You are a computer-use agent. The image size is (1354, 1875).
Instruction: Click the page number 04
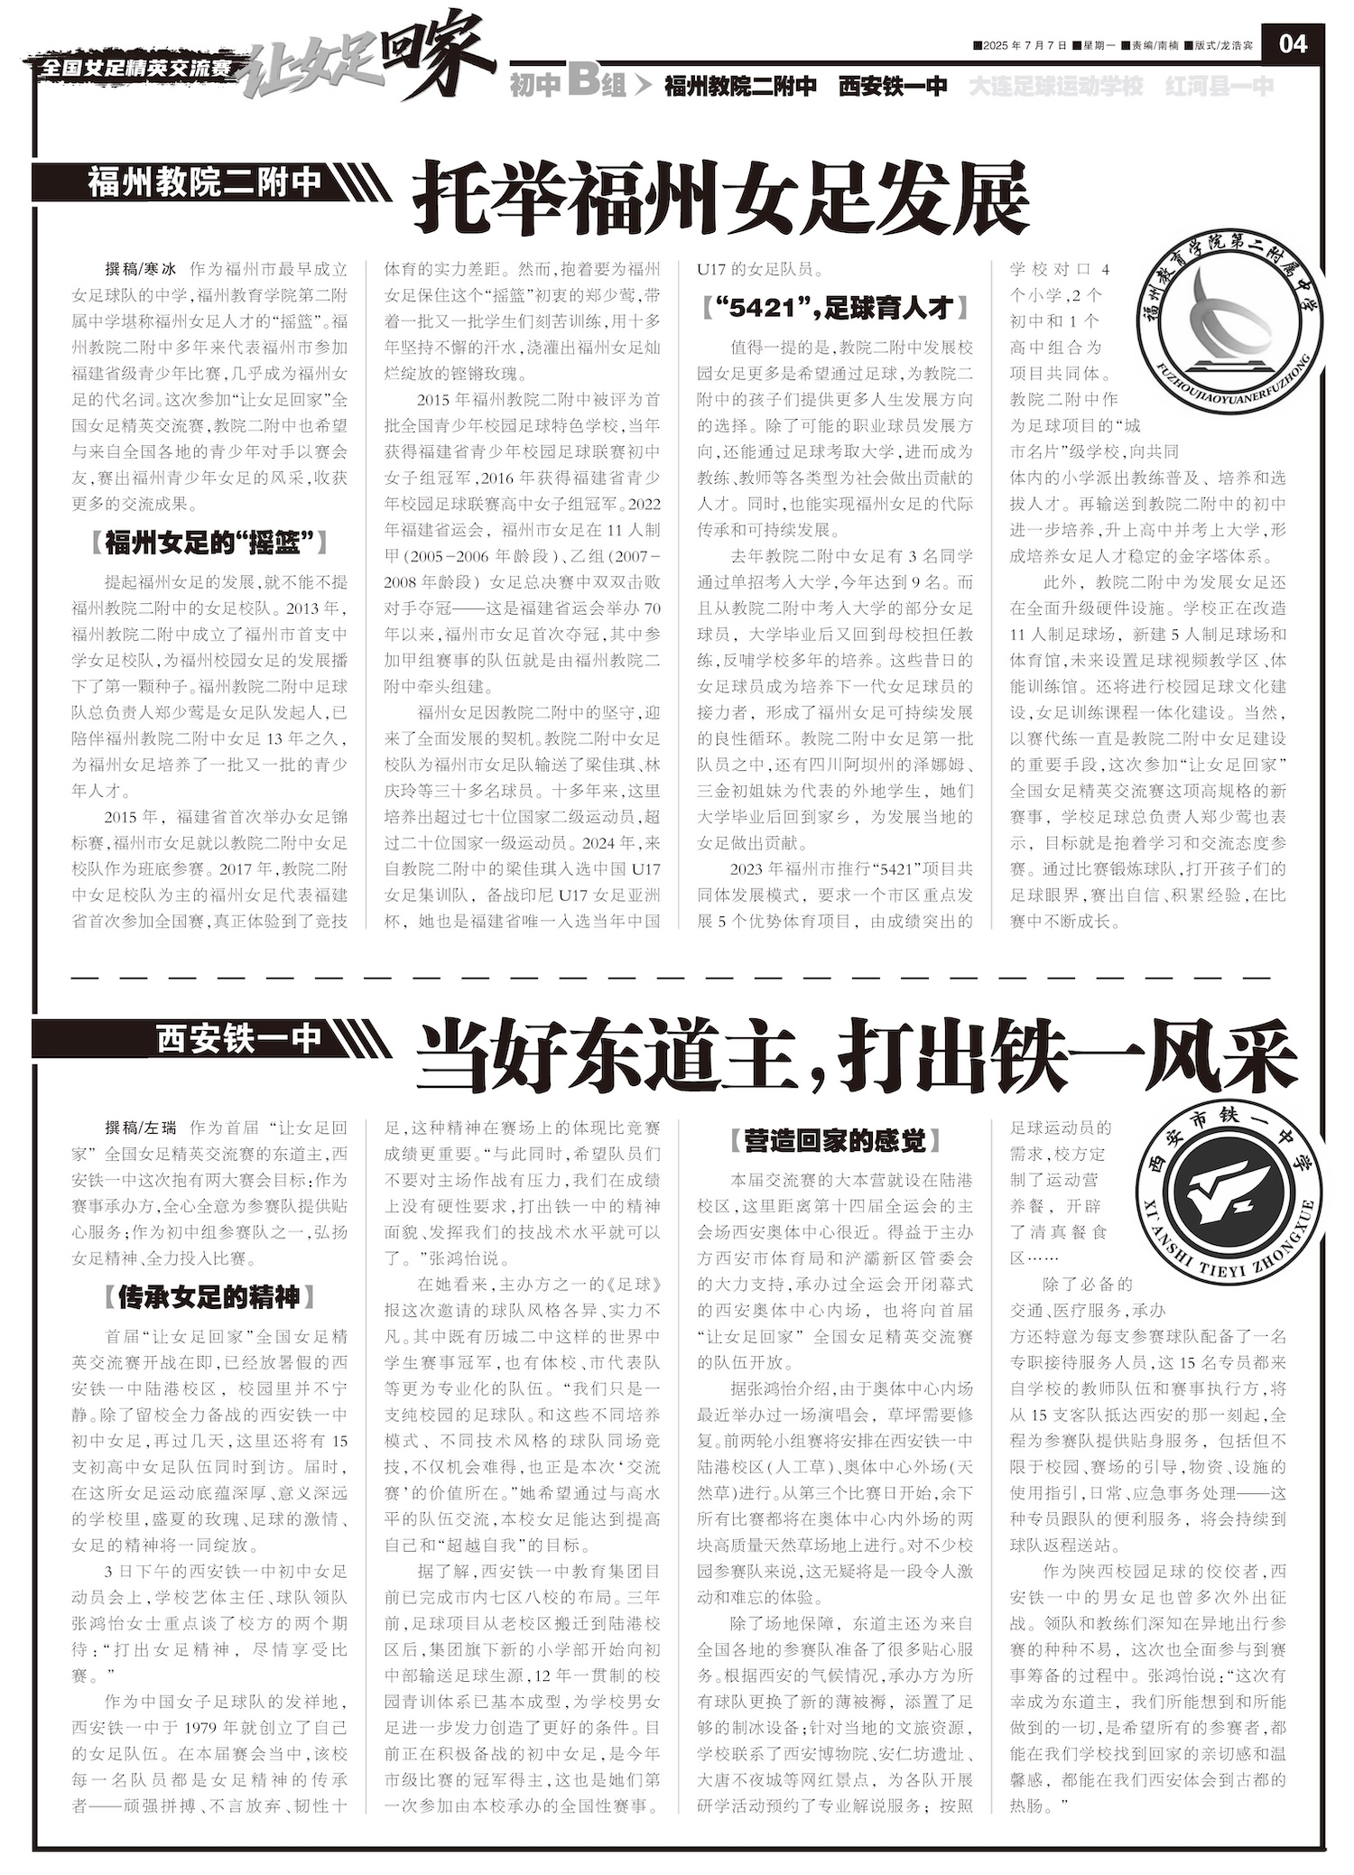1293,43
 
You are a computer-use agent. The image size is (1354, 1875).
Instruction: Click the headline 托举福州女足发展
720,196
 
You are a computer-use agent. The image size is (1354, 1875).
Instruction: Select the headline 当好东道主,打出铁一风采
856,1054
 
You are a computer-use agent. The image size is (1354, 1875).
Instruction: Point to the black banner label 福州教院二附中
205,182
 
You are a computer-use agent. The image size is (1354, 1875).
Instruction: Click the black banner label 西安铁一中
238,1038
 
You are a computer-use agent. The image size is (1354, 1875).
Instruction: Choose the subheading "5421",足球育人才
835,309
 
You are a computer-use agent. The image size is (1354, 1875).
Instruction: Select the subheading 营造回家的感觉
835,1141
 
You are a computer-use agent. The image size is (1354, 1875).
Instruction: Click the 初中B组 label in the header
568,86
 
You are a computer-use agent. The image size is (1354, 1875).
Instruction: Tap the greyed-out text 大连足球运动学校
1056,87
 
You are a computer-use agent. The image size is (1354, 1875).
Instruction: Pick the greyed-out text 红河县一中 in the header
1220,87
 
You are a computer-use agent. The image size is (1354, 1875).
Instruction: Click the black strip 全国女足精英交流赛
135,69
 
